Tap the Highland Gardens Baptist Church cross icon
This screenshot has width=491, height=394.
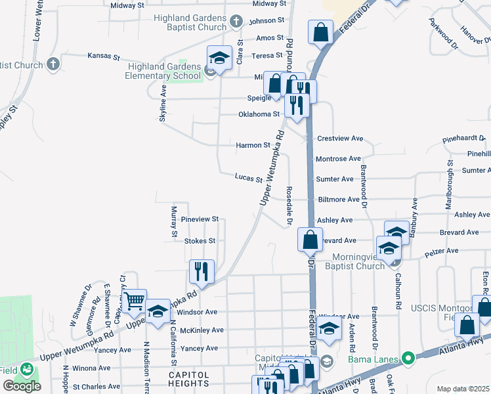237,24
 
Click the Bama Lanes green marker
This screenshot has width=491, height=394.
408,359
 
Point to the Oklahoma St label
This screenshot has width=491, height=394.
259,114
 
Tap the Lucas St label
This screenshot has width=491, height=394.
249,177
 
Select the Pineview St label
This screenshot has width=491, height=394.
200,219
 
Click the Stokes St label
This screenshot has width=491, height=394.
200,241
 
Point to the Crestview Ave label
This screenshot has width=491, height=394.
340,139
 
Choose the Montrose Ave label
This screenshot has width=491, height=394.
338,159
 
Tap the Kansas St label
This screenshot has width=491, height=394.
105,56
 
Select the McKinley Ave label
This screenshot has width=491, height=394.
202,330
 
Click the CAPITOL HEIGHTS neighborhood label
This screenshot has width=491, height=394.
188,379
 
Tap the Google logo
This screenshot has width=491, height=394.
22,385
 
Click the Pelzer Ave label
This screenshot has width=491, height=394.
442,251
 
